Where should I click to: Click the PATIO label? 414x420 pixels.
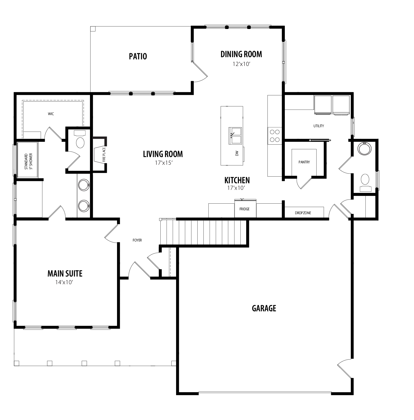click(x=138, y=56)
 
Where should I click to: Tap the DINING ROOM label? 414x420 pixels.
click(x=241, y=54)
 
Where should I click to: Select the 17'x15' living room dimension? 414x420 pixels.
click(x=164, y=163)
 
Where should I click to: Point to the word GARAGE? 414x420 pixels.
click(x=264, y=308)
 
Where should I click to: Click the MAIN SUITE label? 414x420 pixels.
click(x=65, y=273)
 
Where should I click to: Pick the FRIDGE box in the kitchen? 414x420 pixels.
click(x=245, y=209)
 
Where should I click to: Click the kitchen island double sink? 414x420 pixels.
click(x=235, y=136)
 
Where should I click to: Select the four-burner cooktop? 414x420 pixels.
click(x=274, y=136)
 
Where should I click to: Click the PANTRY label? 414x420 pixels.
click(x=304, y=162)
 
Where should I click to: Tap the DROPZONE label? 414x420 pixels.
click(x=303, y=213)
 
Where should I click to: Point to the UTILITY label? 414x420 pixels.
click(x=319, y=126)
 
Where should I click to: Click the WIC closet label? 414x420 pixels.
click(x=51, y=114)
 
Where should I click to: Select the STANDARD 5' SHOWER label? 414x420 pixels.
click(x=28, y=161)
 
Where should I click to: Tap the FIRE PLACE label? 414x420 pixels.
click(x=104, y=155)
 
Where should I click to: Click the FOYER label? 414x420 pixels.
click(x=137, y=240)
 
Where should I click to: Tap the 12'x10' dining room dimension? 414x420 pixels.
click(x=241, y=64)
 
